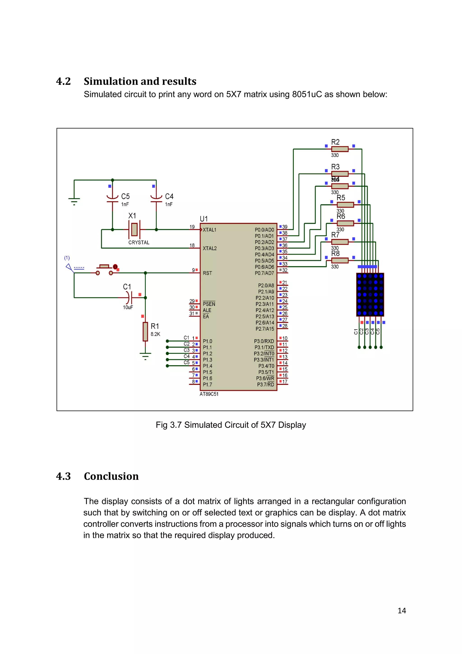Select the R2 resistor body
point(340,149)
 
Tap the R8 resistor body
point(340,260)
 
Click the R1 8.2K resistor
point(145,332)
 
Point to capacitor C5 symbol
point(112,199)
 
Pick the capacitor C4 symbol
point(156,199)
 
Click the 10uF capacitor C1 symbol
point(129,297)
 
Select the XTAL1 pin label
point(209,230)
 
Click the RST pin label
point(207,273)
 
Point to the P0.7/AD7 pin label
point(264,273)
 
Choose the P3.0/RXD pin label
point(264,341)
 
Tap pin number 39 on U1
point(285,227)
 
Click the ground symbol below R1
point(145,356)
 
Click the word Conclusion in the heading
point(111,476)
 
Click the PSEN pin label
point(209,304)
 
